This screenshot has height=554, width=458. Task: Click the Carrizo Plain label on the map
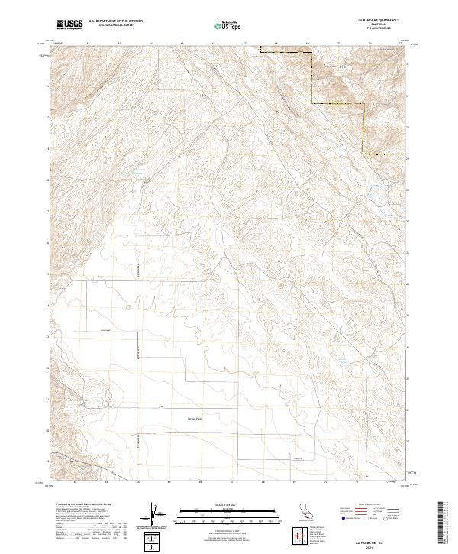tap(195, 418)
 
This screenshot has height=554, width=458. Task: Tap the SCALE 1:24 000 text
tap(218, 505)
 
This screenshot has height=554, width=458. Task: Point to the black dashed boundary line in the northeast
tap(311, 76)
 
